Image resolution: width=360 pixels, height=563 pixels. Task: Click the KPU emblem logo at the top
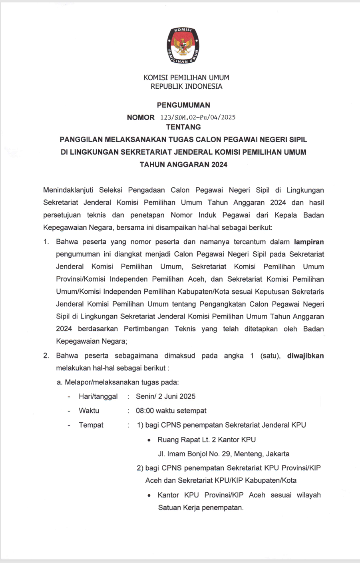183,46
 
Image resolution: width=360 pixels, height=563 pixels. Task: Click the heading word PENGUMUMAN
183,105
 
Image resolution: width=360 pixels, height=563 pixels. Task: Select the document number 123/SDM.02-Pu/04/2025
198,117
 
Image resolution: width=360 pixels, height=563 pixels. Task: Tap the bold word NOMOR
141,117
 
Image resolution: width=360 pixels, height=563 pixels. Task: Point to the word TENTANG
183,127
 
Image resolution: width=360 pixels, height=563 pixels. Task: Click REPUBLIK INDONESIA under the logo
186,86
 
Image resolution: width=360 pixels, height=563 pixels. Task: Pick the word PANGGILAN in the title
81,139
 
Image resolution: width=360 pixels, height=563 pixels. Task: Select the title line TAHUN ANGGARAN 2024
183,164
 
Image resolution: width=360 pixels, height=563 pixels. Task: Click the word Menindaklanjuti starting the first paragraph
68,190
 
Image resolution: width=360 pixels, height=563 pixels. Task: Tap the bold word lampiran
309,242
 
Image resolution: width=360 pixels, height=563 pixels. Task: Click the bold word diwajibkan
305,356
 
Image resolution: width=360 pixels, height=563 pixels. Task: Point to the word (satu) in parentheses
270,356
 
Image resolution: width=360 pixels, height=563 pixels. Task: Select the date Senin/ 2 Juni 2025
165,396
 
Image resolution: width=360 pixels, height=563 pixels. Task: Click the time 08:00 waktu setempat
171,411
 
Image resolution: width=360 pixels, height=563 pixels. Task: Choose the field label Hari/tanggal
98,396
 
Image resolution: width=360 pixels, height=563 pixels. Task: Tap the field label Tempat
91,425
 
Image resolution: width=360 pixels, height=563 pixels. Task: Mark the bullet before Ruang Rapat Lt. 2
149,440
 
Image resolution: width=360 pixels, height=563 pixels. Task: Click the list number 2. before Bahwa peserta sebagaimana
46,356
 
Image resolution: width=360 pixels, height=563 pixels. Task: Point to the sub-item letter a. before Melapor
60,382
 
